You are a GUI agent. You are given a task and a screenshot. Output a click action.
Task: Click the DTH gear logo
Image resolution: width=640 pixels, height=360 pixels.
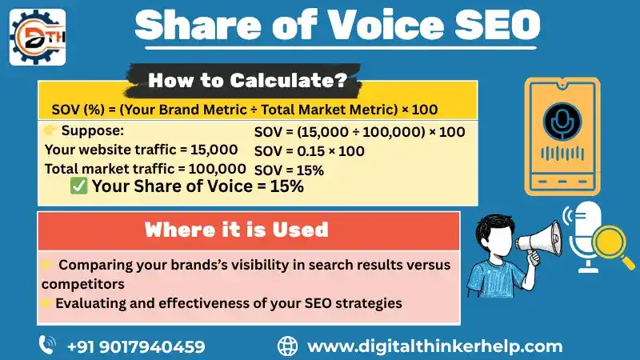click(x=37, y=37)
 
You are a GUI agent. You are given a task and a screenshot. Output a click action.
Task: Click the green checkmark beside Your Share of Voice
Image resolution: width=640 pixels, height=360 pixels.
click(x=79, y=186)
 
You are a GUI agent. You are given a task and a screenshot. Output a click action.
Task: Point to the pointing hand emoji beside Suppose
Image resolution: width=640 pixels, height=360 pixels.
click(x=50, y=130)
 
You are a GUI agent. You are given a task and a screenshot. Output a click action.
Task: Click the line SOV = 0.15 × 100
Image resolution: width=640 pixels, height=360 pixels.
click(x=309, y=151)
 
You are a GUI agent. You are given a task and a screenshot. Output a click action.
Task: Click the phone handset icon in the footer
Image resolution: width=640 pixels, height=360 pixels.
click(x=47, y=346)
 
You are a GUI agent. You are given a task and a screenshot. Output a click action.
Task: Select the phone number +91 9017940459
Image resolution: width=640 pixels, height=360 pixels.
click(x=136, y=346)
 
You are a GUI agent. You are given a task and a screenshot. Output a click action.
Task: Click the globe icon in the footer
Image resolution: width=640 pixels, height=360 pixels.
click(x=287, y=346)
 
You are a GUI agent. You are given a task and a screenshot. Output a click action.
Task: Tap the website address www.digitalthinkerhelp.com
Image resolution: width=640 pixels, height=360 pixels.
click(x=435, y=346)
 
